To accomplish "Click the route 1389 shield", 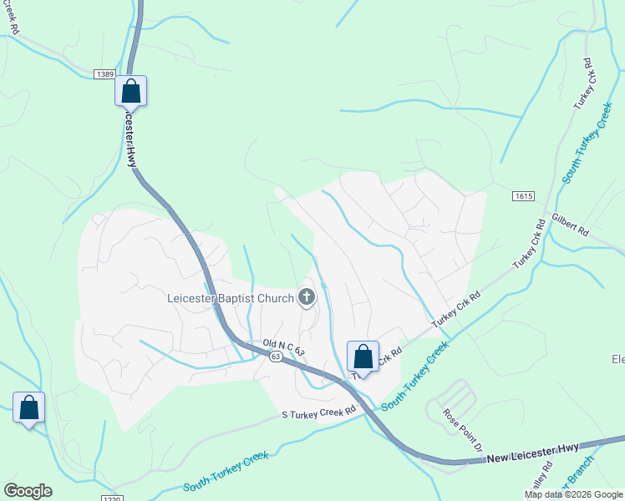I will pos(104,75).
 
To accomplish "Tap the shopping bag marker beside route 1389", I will pos(130,91).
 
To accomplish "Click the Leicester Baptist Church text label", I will pos(231,298).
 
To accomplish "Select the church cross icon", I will pos(307,296).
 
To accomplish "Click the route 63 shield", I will pos(276,357).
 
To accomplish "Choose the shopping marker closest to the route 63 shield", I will pos(363,357).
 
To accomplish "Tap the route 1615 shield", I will pos(523,195).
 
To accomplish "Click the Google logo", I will pos(28,491).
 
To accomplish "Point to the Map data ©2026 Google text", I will pos(573,494).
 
